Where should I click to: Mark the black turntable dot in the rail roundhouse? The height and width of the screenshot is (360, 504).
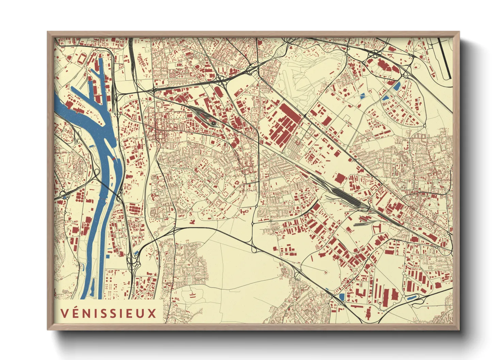pyautogui.click(x=214, y=123)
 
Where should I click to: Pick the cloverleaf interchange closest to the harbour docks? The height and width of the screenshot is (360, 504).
pyautogui.click(x=116, y=99)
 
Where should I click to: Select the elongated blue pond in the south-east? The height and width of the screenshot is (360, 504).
pyautogui.click(x=411, y=298)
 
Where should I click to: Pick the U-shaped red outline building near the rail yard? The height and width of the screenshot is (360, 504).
pyautogui.click(x=376, y=228)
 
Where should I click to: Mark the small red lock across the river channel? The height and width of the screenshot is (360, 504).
pyautogui.click(x=113, y=159)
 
